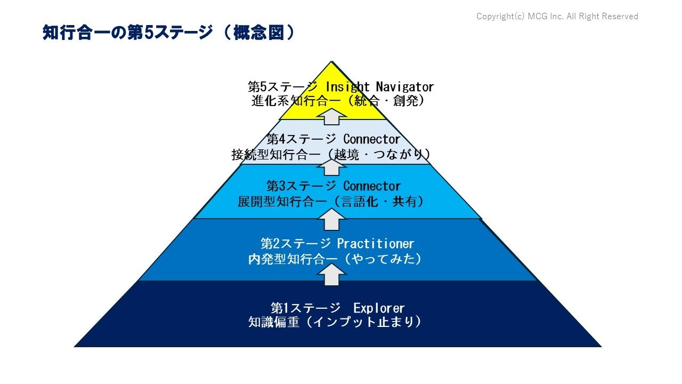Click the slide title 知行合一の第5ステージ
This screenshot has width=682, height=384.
128,33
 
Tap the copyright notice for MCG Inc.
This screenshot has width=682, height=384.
557,17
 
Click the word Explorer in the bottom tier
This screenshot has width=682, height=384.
379,308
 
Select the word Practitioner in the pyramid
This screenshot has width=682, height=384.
375,244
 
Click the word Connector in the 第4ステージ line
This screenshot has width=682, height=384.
371,139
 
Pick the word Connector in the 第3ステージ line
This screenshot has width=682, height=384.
371,186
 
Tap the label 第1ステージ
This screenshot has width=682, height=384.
305,308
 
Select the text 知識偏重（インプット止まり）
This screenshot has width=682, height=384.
335,323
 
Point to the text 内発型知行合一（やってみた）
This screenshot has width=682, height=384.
335,259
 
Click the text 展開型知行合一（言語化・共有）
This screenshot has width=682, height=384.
331,202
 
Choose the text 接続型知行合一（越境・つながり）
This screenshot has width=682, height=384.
331,155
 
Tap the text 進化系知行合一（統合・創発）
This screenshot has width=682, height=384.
338,101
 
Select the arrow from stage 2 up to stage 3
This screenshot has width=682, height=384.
331,219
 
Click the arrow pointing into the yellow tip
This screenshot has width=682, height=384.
331,115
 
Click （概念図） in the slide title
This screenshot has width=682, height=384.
258,33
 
